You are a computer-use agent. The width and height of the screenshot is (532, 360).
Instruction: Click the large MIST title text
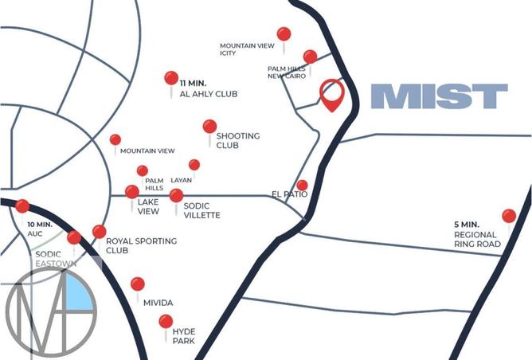tap(439, 96)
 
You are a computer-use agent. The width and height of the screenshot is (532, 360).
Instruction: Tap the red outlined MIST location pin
tap(331, 94)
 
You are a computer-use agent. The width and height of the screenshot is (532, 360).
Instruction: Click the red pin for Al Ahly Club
tap(171, 78)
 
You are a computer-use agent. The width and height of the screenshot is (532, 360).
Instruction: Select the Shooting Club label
tap(237, 141)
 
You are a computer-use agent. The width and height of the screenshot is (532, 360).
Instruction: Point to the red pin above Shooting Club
tap(209, 127)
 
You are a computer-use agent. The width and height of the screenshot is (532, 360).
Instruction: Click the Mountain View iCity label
tap(247, 50)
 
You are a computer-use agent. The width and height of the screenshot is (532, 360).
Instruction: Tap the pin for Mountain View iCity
tap(284, 34)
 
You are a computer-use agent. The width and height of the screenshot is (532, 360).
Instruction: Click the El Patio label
tap(289, 194)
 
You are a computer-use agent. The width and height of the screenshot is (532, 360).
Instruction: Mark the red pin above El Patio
tap(302, 186)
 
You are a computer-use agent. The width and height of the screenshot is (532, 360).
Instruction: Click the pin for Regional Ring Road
tap(509, 215)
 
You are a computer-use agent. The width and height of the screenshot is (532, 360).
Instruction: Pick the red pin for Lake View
tap(132, 192)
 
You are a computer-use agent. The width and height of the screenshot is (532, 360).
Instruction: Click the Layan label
tap(181, 180)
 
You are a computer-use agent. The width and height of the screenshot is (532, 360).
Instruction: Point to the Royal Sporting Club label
tap(141, 245)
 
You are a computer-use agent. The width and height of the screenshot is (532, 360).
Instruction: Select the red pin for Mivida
tap(138, 284)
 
